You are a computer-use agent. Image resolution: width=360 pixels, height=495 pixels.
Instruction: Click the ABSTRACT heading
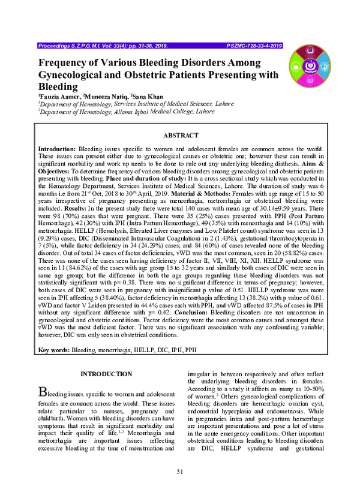[x=180, y=136]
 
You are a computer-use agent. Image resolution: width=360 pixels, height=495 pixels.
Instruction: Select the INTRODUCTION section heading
[x=106, y=374]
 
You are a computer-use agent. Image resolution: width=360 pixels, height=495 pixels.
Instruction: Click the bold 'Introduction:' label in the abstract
[x=58, y=148]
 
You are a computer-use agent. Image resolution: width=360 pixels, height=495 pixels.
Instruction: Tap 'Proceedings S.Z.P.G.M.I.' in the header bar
[x=71, y=45]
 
